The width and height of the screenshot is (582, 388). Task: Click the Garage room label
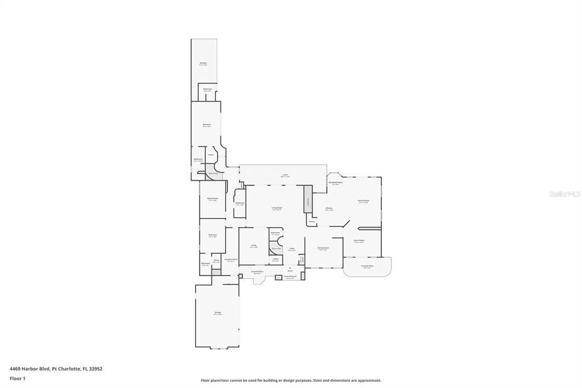[217, 312]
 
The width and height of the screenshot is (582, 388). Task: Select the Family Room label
[363, 201]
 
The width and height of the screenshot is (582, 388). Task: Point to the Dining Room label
[323, 248]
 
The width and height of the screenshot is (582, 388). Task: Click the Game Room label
[359, 241]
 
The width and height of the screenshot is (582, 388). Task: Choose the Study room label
[254, 245]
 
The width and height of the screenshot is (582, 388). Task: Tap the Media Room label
[213, 199]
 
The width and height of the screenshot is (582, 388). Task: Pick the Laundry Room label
[231, 259]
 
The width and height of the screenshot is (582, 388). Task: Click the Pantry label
[311, 221]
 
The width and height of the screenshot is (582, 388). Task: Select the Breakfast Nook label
[335, 183]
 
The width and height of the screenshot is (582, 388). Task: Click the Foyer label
[292, 249]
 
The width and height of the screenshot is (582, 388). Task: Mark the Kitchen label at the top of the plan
[203, 63]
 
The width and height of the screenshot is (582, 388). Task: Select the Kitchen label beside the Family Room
[329, 208]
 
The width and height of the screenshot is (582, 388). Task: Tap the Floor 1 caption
[16, 378]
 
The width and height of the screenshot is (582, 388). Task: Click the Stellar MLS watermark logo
[564, 194]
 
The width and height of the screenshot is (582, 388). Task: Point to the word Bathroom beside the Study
[275, 233]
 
